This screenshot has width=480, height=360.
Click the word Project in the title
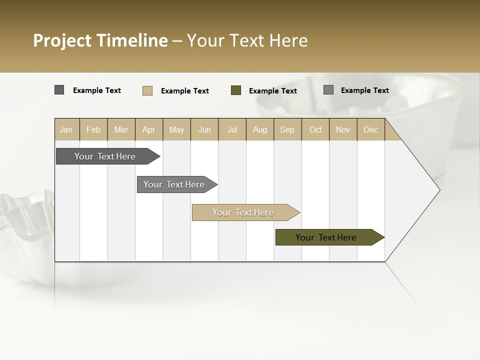[x=63, y=41]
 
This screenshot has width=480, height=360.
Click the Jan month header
[x=66, y=129]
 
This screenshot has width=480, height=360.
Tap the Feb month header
[x=93, y=129]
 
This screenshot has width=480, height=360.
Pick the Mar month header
[x=121, y=129]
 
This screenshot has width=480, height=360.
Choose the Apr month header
[x=149, y=129]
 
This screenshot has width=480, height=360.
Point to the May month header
[x=176, y=129]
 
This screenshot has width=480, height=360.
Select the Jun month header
[x=204, y=129]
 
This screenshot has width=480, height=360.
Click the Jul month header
[x=232, y=129]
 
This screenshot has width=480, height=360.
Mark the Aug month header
[x=260, y=129]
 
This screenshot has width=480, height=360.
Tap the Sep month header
[x=287, y=129]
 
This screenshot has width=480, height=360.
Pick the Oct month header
[x=315, y=129]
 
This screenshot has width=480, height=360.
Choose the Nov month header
[x=343, y=129]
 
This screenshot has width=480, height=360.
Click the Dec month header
[x=371, y=129]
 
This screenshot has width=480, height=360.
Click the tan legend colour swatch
[x=147, y=90]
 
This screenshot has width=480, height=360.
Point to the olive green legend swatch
[x=236, y=90]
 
